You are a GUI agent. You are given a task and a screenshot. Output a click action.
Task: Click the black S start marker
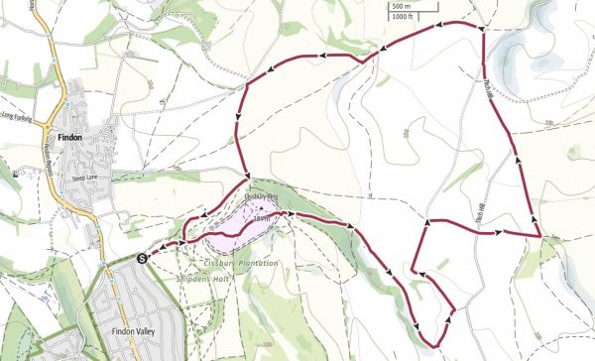click(142, 258)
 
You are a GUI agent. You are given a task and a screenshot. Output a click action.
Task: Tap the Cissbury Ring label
click(259, 195)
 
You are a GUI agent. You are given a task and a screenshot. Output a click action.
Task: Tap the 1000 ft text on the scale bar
click(402, 17)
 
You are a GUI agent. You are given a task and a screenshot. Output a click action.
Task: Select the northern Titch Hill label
click(490, 87)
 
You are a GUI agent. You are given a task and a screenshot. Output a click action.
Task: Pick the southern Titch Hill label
click(487, 220)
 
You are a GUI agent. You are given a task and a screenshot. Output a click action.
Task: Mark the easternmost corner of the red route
click(538, 237)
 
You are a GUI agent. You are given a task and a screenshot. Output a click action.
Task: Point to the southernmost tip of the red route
click(434, 346)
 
